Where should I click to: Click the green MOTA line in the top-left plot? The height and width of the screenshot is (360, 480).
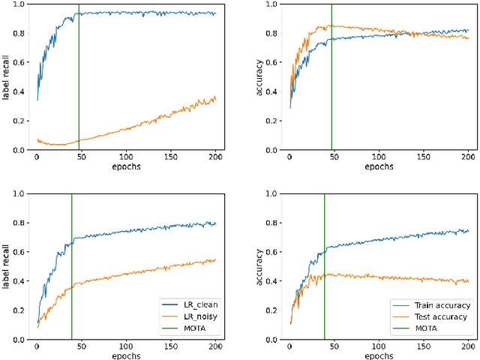coord(79,75)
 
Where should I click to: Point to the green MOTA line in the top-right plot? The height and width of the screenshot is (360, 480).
coord(331,75)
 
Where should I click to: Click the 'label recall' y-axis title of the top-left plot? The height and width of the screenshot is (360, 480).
coord(7,76)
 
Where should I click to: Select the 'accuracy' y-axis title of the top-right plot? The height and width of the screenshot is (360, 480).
coord(259,76)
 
